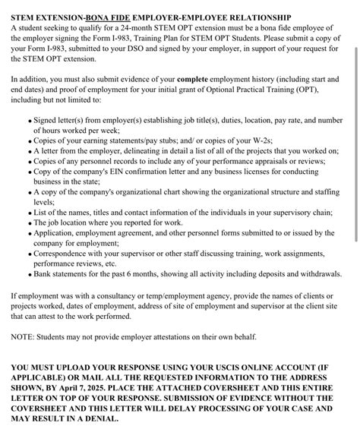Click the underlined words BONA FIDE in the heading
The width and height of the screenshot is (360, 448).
111,16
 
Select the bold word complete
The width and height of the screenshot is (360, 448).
198,79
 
